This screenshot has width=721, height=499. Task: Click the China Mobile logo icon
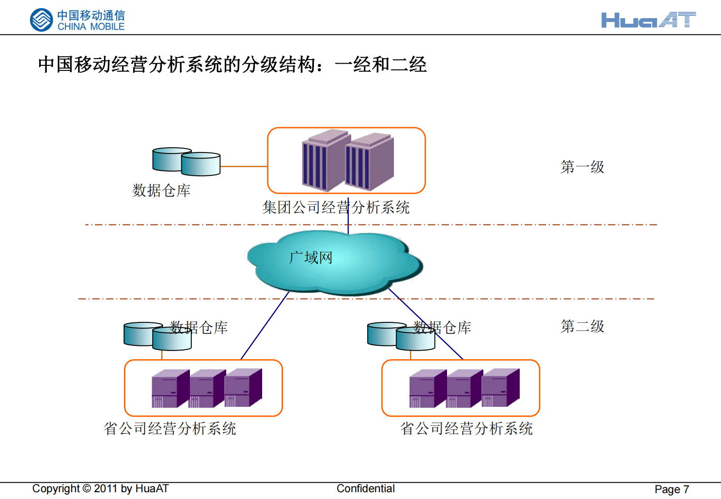tap(41, 20)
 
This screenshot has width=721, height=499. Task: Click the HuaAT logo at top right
tap(648, 20)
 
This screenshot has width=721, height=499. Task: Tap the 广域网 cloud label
tap(311, 258)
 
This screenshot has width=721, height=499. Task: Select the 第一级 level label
tap(582, 167)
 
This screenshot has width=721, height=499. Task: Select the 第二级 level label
tap(582, 326)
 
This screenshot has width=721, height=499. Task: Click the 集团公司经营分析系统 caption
tap(336, 208)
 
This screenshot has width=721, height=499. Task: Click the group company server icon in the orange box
tap(348, 160)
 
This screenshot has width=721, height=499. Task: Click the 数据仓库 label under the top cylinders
tap(161, 190)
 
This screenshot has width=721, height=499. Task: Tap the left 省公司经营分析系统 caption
tap(170, 428)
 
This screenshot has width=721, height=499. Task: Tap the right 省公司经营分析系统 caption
tap(466, 428)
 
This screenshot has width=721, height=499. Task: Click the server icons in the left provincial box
tap(207, 388)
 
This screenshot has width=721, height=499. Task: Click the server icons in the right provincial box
tap(464, 388)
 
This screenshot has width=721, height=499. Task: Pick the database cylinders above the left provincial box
tap(157, 336)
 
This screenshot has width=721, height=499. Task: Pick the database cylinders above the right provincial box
tap(401, 336)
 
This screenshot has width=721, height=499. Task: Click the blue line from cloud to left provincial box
tap(265, 326)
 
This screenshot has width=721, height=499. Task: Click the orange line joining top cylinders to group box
tap(244, 167)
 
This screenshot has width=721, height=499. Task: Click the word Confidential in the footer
tap(365, 489)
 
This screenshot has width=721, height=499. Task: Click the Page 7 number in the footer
tap(671, 489)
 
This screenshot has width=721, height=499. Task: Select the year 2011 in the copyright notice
tap(105, 489)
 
